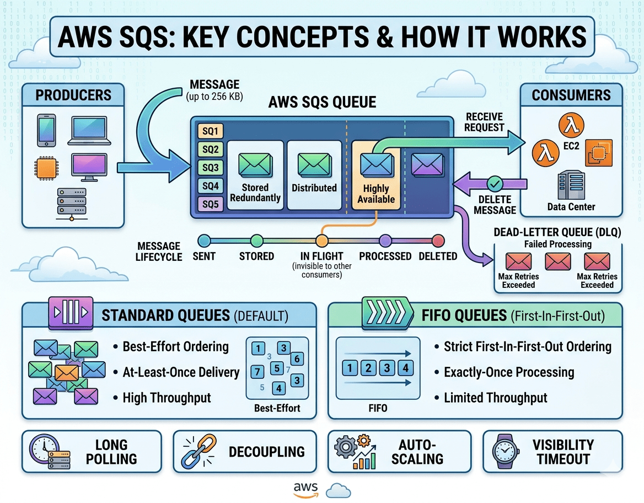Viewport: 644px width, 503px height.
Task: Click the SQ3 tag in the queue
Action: point(210,168)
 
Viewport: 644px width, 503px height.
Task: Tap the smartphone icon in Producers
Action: point(46,130)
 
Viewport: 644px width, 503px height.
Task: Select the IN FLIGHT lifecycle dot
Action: point(322,240)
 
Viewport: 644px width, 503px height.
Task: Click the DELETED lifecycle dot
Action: point(438,240)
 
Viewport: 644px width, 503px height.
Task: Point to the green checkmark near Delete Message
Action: point(495,183)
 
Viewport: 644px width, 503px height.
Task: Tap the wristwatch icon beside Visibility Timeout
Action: point(503,452)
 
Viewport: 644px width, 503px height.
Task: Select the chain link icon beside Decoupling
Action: point(197,452)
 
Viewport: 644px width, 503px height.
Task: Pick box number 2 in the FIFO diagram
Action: point(368,368)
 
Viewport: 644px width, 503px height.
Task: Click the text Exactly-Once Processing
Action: point(509,372)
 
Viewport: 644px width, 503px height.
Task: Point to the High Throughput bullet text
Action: point(167,398)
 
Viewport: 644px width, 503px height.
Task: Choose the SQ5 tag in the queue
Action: point(210,205)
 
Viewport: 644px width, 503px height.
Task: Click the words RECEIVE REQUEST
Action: point(485,122)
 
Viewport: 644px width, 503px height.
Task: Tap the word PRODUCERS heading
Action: point(73,95)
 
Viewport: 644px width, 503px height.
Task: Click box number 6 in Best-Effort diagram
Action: point(296,360)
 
